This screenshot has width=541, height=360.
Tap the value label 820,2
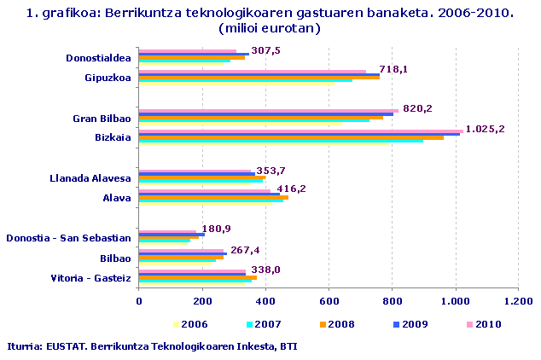pos(417,108)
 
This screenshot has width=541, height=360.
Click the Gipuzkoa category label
pos(108,78)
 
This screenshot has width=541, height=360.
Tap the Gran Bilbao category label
pos(102,118)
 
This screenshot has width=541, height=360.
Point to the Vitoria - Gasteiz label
pos(90,278)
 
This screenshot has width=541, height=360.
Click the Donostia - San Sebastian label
pos(67,238)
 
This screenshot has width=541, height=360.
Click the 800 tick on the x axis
pos(393,301)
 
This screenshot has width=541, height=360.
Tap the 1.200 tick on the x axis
pos(518,301)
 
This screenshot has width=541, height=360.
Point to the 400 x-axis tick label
pos(265,301)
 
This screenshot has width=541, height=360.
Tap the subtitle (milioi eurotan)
pos(270,28)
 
